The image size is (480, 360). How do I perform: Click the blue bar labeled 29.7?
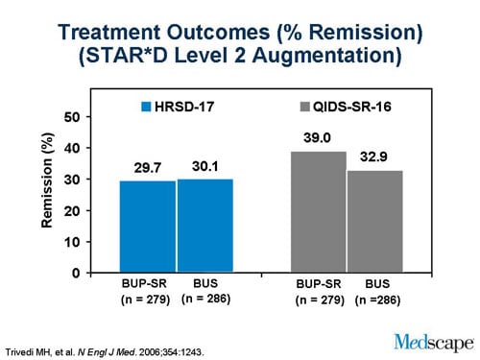(x=147, y=227)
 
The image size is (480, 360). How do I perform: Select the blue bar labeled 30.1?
(x=204, y=226)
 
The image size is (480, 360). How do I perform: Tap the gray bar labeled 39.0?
(x=318, y=212)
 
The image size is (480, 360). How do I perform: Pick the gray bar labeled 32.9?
(x=375, y=222)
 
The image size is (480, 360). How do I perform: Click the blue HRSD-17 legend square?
(x=148, y=105)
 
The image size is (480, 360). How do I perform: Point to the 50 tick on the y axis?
(x=73, y=116)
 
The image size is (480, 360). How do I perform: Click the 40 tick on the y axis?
(x=73, y=148)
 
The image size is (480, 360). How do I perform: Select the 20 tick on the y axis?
(x=73, y=210)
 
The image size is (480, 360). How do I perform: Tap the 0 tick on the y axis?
(x=77, y=273)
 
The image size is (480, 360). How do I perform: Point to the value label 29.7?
(x=147, y=169)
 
